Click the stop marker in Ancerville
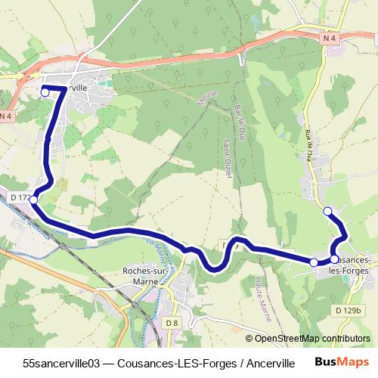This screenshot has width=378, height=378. [45, 91]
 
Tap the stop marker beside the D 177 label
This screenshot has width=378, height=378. [33, 200]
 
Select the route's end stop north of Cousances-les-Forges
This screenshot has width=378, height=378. [327, 211]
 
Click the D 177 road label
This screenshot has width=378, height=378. [20, 197]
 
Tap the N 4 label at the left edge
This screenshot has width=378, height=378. [6, 116]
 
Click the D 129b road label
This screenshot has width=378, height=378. [349, 310]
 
